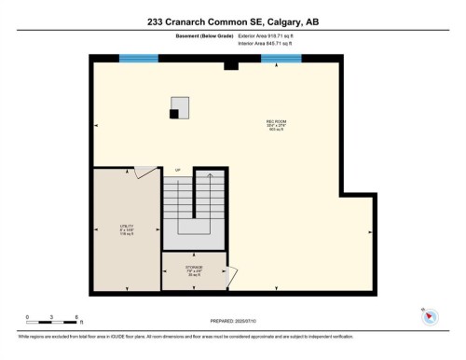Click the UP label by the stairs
pos(177,170)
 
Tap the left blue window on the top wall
pos(138,59)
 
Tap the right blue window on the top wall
pos(281,59)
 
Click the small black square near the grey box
pos(173,114)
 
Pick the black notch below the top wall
pos(231,66)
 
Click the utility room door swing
pos(145,172)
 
